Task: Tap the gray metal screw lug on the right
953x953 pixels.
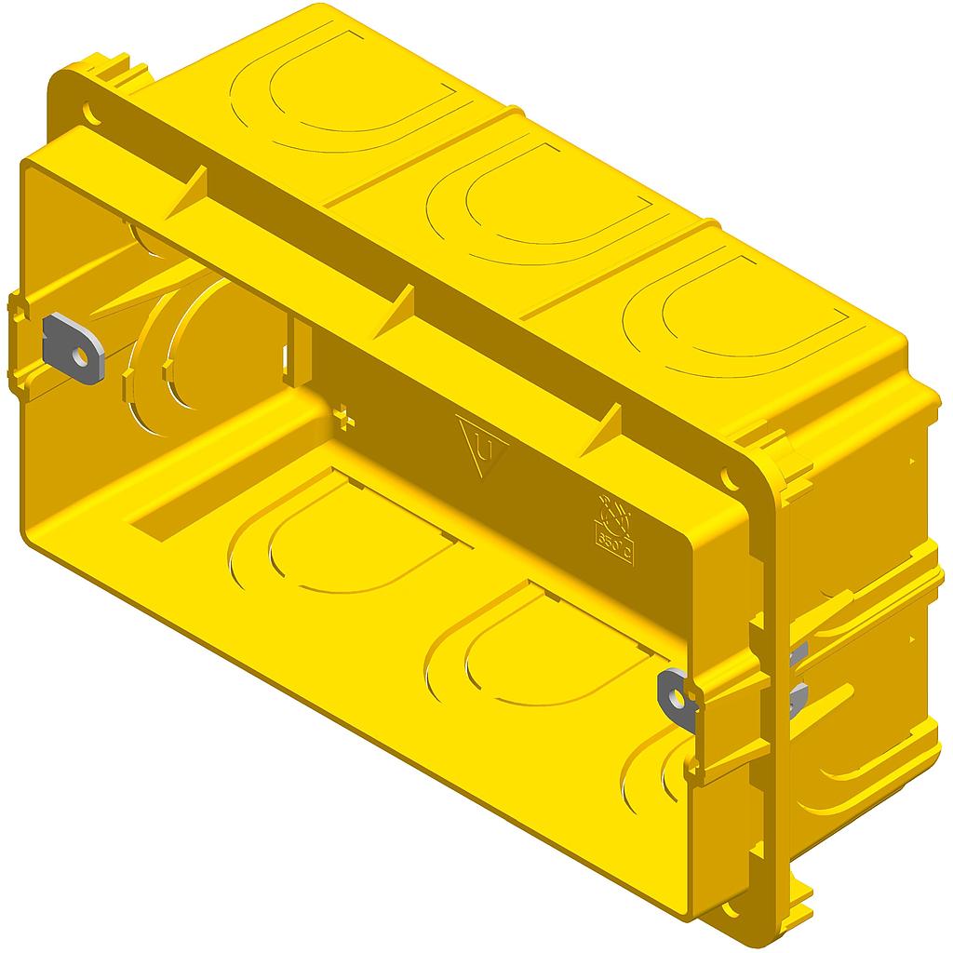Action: (679, 692)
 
